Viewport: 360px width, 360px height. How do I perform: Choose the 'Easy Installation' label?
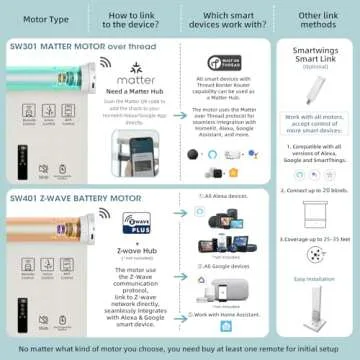316,281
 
